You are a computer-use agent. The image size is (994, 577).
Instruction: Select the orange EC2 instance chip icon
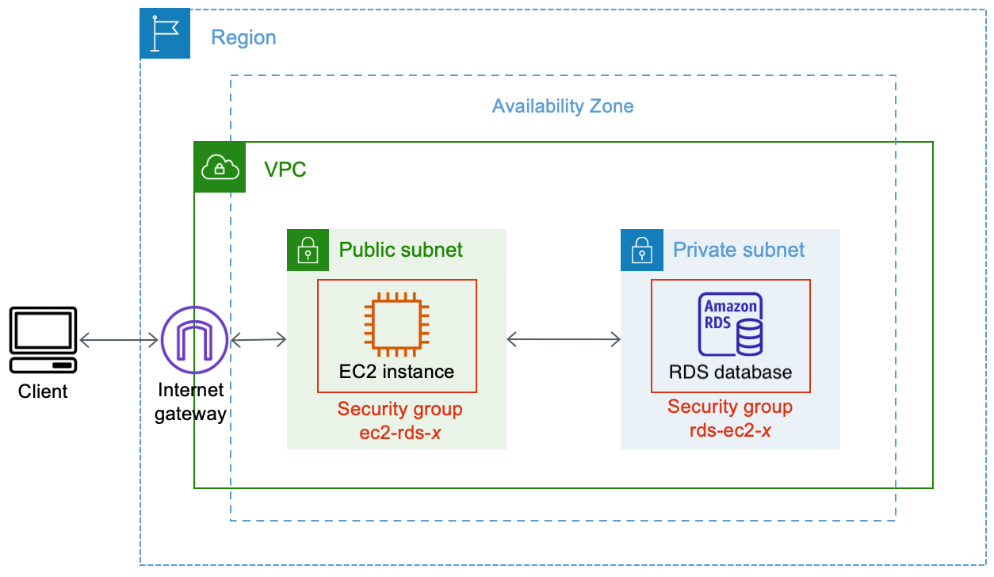pyautogui.click(x=396, y=323)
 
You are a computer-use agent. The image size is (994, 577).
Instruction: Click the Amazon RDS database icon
pyautogui.click(x=730, y=325)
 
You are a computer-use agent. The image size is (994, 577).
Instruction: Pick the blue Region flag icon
pyautogui.click(x=165, y=33)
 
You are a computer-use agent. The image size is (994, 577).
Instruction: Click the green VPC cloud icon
pyautogui.click(x=220, y=167)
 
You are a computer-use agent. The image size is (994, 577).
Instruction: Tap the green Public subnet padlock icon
pyautogui.click(x=307, y=250)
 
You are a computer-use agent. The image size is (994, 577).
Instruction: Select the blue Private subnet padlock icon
pyautogui.click(x=640, y=250)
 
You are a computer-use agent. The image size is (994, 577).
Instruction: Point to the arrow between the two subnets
pyautogui.click(x=563, y=339)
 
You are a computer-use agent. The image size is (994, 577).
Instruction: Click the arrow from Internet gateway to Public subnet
pyautogui.click(x=258, y=340)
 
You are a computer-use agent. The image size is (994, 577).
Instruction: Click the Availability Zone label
pyautogui.click(x=563, y=106)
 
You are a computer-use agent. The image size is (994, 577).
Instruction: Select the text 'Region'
pyautogui.click(x=243, y=37)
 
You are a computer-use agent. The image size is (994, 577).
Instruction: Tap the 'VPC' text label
pyautogui.click(x=285, y=169)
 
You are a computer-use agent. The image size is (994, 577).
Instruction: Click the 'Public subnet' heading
pyautogui.click(x=401, y=250)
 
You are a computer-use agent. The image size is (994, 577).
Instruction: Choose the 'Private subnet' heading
pyautogui.click(x=739, y=250)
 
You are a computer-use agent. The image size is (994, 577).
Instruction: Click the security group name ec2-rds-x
pyautogui.click(x=400, y=431)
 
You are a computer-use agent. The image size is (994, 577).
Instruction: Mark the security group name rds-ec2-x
pyautogui.click(x=730, y=430)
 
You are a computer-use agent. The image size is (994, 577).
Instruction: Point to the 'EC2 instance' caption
pyautogui.click(x=396, y=372)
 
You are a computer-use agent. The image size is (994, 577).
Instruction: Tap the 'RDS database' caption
pyautogui.click(x=730, y=372)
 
